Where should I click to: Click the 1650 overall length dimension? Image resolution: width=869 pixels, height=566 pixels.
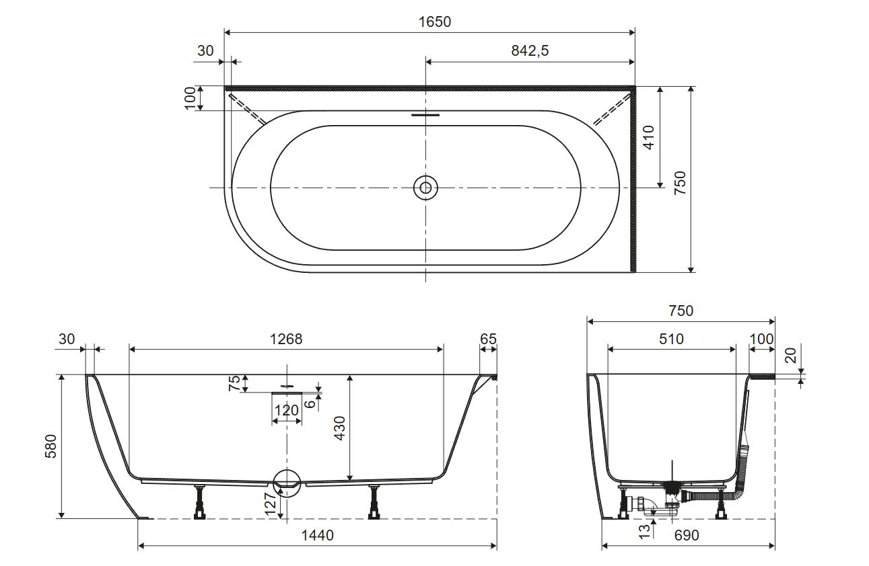pyautogui.click(x=435, y=22)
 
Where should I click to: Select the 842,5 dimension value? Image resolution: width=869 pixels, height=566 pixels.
pyautogui.click(x=530, y=50)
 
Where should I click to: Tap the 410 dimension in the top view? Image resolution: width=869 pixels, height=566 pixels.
pyautogui.click(x=649, y=137)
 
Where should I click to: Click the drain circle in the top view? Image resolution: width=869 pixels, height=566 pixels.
pyautogui.click(x=425, y=188)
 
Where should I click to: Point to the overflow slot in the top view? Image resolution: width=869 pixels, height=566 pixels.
pyautogui.click(x=425, y=115)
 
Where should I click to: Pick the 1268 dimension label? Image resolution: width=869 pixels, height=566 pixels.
pyautogui.click(x=286, y=339)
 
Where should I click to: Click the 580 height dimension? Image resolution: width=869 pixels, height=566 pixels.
pyautogui.click(x=51, y=446)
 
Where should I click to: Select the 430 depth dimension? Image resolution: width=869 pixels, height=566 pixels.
pyautogui.click(x=339, y=428)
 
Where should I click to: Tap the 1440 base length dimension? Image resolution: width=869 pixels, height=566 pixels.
pyautogui.click(x=317, y=535)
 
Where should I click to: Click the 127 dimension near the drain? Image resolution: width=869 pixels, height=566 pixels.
pyautogui.click(x=271, y=504)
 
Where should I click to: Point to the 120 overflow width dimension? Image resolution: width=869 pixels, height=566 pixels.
pyautogui.click(x=286, y=410)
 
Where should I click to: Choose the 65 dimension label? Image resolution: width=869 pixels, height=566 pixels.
pyautogui.click(x=488, y=339)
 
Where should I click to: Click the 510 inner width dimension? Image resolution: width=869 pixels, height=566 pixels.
pyautogui.click(x=671, y=339)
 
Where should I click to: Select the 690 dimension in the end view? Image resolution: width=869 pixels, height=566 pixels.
pyautogui.click(x=687, y=535)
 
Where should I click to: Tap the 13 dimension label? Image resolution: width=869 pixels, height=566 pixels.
pyautogui.click(x=644, y=531)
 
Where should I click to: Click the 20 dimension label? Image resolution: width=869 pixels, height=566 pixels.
pyautogui.click(x=790, y=355)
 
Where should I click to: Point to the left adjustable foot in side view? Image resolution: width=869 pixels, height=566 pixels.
pyautogui.click(x=200, y=502)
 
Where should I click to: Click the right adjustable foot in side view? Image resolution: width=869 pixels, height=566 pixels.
pyautogui.click(x=374, y=502)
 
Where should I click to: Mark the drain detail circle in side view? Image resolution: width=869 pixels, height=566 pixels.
pyautogui.click(x=287, y=483)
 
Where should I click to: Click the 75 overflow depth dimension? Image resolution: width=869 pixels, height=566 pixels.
pyautogui.click(x=234, y=383)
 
